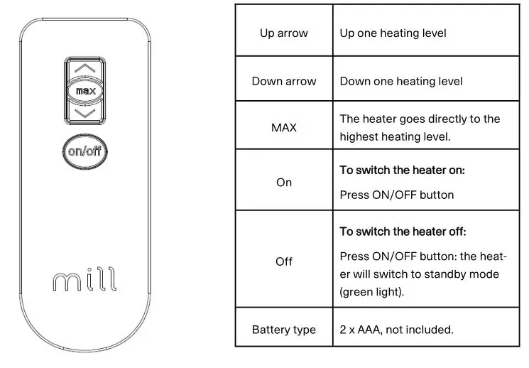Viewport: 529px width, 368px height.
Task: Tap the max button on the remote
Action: [x=85, y=91]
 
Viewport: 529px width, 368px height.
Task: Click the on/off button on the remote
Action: [x=85, y=151]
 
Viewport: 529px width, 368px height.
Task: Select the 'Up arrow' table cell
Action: [x=283, y=33]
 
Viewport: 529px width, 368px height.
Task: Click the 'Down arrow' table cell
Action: [x=283, y=81]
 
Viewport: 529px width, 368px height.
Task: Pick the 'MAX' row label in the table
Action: [x=283, y=128]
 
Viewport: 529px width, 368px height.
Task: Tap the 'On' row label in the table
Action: [x=283, y=183]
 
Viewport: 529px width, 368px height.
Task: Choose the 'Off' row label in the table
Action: [x=283, y=261]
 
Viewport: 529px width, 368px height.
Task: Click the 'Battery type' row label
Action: [x=283, y=330]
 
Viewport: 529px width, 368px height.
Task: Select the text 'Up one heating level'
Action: [x=393, y=33]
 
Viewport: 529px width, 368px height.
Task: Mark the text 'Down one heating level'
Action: [x=401, y=81]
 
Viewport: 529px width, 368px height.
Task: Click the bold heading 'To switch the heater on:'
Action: [x=402, y=171]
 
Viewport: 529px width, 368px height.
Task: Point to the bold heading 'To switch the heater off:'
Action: [x=403, y=232]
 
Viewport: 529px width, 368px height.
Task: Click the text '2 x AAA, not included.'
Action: [x=396, y=330]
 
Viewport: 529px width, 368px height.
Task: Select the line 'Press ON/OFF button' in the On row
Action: [x=396, y=195]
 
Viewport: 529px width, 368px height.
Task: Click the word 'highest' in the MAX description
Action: [x=360, y=136]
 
